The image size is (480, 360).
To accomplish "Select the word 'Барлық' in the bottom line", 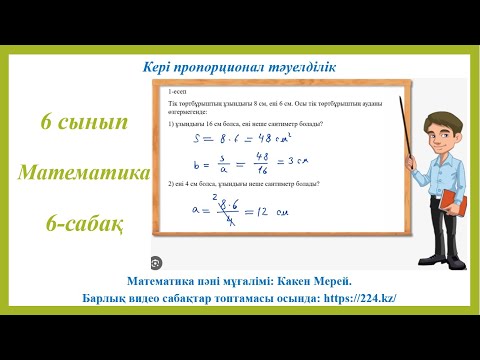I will coord(104,298).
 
